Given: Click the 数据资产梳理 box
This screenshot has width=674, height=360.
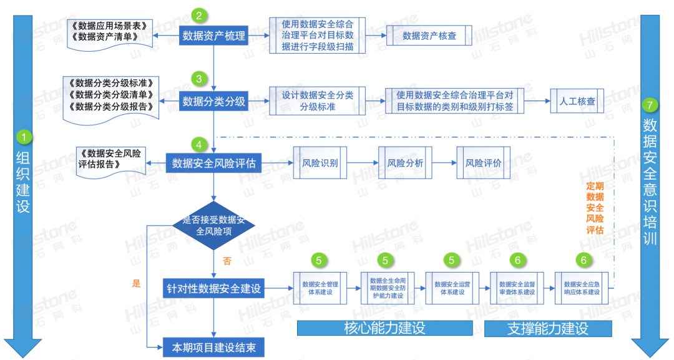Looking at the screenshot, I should [213, 36].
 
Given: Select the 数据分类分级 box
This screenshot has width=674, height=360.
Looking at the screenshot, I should [213, 100].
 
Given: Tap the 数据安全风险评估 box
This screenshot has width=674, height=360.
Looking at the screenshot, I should [214, 164].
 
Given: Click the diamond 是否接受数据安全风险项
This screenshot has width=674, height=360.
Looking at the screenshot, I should [214, 225].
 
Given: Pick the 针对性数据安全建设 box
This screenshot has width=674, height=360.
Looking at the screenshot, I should [213, 289].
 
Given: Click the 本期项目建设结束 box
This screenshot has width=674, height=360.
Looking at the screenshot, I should [213, 348].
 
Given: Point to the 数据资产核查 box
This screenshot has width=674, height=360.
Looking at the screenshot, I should [429, 36].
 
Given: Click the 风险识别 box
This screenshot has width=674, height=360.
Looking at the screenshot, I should [320, 163].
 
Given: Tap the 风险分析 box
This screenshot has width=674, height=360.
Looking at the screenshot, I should [405, 163].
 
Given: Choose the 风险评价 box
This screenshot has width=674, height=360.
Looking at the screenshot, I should [483, 163].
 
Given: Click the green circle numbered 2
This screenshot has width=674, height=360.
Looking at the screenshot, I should [199, 16].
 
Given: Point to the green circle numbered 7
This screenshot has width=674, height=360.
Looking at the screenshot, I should [650, 105].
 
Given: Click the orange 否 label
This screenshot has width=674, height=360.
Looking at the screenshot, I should [227, 261].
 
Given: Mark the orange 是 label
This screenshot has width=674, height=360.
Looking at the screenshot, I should [137, 283].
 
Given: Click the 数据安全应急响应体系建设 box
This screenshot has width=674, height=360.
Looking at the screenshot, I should [582, 288].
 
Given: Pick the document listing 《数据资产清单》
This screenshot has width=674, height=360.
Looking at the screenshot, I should [109, 32].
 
